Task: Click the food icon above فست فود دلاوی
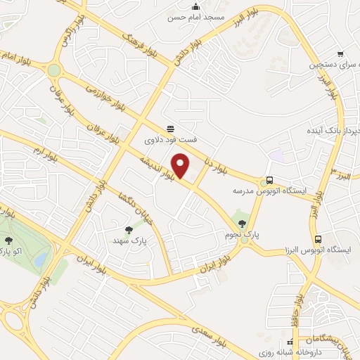pos(171,128)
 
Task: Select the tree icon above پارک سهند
pos(129,229)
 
